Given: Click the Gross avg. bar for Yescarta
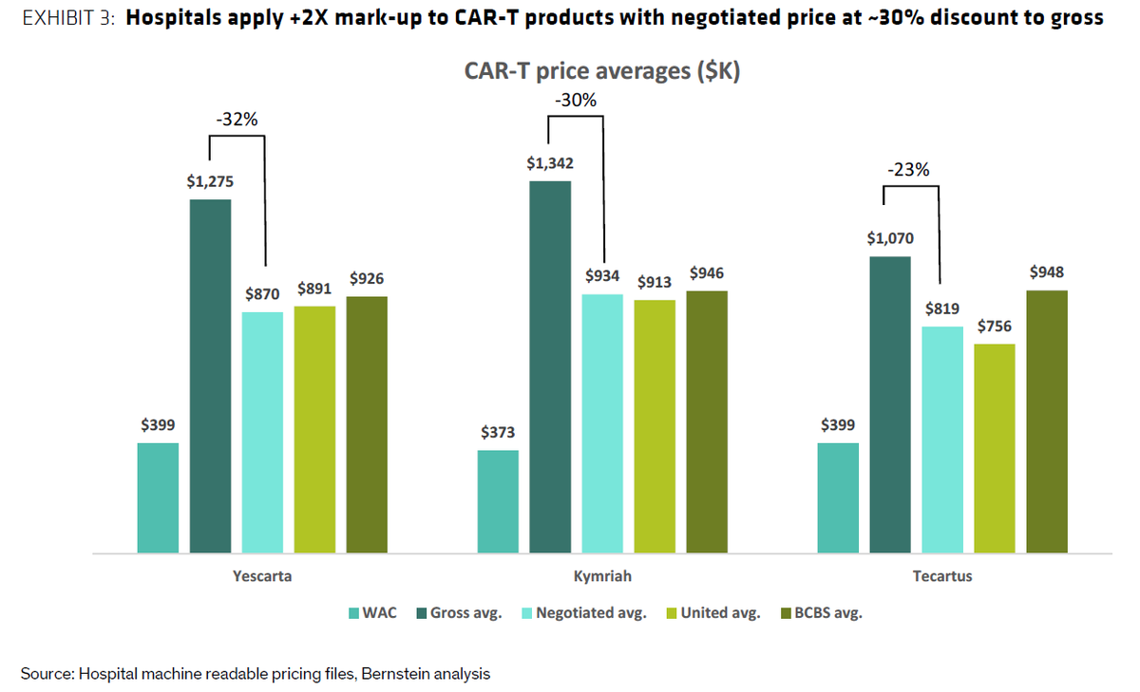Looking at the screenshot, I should click(x=210, y=376).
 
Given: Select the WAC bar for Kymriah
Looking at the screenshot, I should click(x=498, y=501).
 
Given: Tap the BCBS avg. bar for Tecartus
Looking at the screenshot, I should click(x=1046, y=421).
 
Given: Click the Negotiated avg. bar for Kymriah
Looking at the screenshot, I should click(x=602, y=423).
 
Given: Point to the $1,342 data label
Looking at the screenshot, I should click(x=550, y=163).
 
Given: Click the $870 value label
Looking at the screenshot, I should click(x=261, y=294).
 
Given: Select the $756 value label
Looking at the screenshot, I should click(x=994, y=327).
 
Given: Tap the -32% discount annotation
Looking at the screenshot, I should click(x=237, y=121).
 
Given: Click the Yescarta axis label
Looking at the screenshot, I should click(x=261, y=576).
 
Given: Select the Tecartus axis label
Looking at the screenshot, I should click(x=941, y=576).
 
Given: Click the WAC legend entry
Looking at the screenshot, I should click(x=371, y=613).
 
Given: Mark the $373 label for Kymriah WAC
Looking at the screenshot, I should click(x=498, y=433).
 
